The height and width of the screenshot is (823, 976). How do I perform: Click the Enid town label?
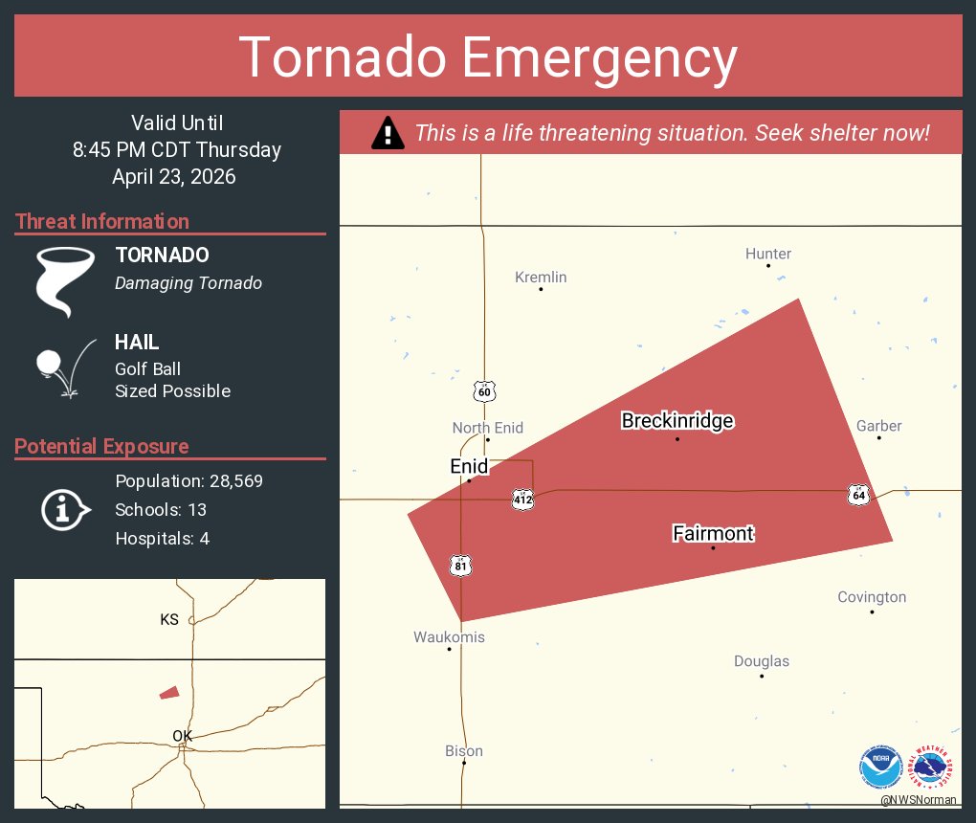coord(469,467)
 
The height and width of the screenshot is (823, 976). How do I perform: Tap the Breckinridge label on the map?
coord(677,421)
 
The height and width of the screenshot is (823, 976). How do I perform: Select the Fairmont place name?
coord(713,533)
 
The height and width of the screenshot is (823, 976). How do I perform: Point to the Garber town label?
coord(878,426)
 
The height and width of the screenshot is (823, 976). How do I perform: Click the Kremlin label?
coord(541,278)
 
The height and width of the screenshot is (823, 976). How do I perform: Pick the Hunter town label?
coord(768,254)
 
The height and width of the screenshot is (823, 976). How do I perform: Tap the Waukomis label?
coord(449,637)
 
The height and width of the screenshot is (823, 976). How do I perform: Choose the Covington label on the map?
coord(872,597)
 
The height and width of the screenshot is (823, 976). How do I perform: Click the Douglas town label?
coord(762,661)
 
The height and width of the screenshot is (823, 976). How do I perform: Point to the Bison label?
coord(464,751)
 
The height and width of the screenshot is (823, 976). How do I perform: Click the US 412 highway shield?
coord(522,500)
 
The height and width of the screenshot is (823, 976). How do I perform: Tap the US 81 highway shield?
coord(461,566)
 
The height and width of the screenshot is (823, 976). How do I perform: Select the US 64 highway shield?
coord(858,495)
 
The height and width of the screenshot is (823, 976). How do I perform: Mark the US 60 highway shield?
coord(484,391)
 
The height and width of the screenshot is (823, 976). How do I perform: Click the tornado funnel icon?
coord(64,279)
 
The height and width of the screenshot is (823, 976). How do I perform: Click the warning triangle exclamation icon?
coord(388,133)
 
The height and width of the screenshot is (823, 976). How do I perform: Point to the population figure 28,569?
coord(230,480)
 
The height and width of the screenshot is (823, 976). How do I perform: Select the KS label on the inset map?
coord(169,620)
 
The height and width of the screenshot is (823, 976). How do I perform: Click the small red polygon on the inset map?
coord(169,692)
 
